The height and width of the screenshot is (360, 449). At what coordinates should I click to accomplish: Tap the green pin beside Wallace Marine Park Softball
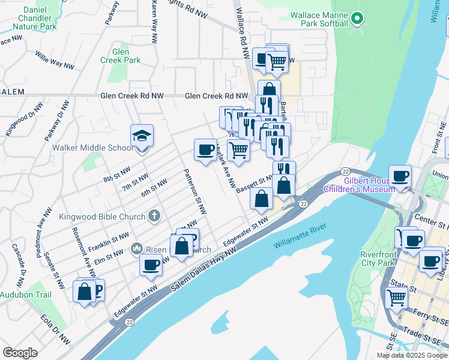pos(357,19)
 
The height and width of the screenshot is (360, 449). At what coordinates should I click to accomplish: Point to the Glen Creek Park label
pos(120,56)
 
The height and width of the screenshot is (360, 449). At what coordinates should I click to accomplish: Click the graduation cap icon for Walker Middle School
pos(142,136)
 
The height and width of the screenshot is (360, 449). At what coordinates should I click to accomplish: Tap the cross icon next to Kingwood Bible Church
pos(154,216)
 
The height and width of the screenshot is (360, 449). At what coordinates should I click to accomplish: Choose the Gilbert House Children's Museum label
pos(360,185)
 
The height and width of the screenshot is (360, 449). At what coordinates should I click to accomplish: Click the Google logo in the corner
pos(20,352)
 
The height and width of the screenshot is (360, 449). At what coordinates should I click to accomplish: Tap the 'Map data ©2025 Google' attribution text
pos(412,355)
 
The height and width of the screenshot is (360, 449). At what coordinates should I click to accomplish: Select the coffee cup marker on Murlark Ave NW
pos(205,150)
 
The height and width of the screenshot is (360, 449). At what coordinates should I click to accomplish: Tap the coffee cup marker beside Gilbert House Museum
pos(400,176)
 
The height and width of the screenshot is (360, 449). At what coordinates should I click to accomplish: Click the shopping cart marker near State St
pos(397,297)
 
